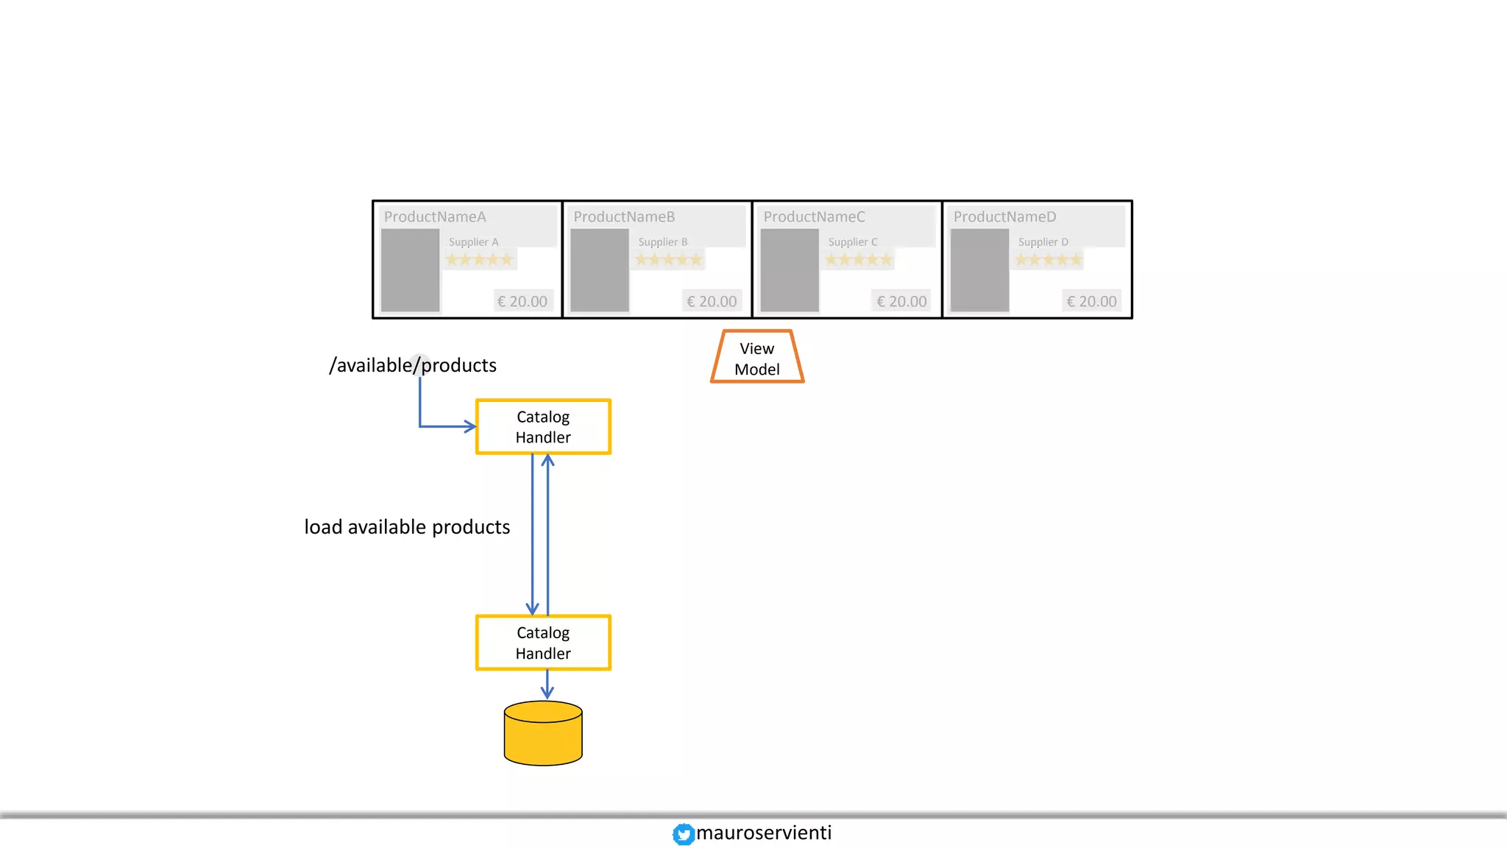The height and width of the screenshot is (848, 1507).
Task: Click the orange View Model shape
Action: (757, 358)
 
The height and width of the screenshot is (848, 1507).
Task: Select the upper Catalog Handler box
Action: (543, 427)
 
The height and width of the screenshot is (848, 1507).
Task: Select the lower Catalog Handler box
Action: (543, 643)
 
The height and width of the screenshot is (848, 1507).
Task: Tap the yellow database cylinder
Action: (543, 734)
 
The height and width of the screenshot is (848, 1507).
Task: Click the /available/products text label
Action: (413, 365)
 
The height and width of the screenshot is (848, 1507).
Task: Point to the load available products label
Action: (407, 527)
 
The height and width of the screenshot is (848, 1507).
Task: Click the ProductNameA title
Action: (435, 216)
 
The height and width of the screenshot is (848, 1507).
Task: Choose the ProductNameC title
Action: (814, 216)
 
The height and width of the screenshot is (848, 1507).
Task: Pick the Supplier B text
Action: (662, 241)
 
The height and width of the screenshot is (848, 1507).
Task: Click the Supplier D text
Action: (1043, 241)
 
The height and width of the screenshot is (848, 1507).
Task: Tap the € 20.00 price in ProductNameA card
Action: (522, 301)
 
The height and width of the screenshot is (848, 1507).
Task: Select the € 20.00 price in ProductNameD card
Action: (1091, 301)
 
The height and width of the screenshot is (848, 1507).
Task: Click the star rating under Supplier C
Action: (859, 259)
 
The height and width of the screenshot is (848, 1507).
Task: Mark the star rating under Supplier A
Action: (479, 259)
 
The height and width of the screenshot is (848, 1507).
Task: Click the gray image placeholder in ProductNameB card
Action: (600, 270)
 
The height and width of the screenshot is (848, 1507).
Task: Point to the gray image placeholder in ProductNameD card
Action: (979, 270)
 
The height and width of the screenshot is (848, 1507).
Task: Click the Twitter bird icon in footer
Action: (683, 834)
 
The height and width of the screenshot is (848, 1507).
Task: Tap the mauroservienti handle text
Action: (764, 833)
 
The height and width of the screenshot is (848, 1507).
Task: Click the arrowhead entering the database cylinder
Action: (547, 693)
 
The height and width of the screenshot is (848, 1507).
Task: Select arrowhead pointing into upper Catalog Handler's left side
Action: (469, 426)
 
